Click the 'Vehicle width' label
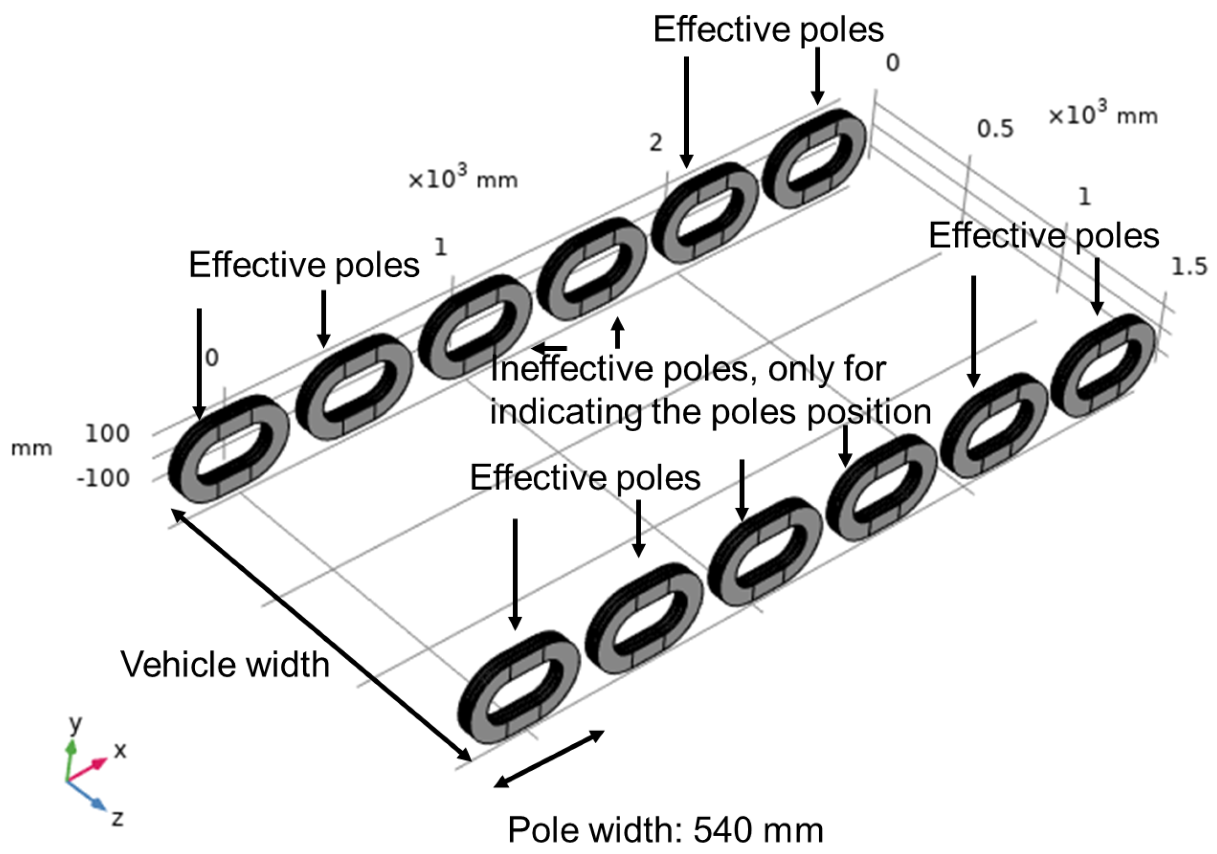[x=225, y=664]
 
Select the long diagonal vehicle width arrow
[x=321, y=634]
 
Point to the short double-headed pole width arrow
[x=549, y=758]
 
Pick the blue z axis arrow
[x=85, y=795]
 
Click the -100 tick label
[x=104, y=478]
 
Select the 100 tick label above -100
[x=107, y=433]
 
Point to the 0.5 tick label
[x=995, y=129]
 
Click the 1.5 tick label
[x=1189, y=266]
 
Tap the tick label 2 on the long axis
[x=656, y=142]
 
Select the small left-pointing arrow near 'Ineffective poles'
[x=550, y=348]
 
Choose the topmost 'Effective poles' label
[x=768, y=29]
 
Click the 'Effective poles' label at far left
[x=304, y=265]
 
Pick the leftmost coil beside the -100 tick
[x=228, y=449]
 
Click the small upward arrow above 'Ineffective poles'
[x=617, y=332]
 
